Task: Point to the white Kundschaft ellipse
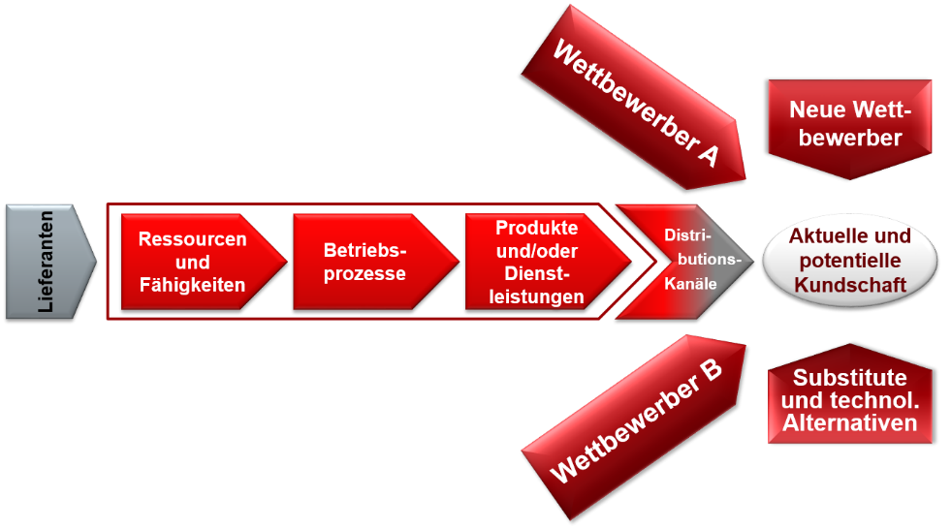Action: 849,261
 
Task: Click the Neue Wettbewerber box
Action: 850,123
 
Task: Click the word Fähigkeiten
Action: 192,285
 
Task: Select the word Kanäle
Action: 691,285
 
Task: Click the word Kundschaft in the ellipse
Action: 850,285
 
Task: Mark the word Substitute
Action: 850,378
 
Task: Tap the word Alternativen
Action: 850,422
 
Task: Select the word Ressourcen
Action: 192,238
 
